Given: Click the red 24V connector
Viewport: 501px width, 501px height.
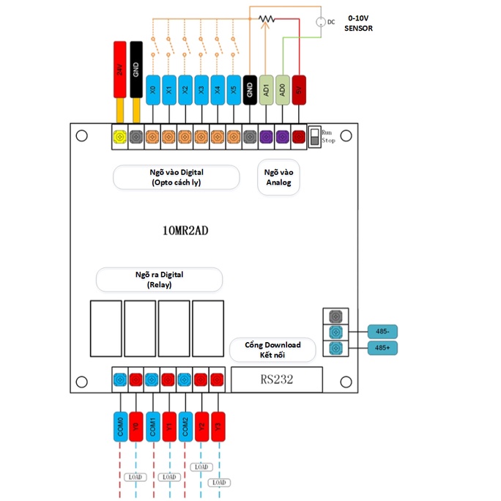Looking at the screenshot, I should [119, 70].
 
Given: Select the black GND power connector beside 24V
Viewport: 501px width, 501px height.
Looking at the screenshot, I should [136, 70].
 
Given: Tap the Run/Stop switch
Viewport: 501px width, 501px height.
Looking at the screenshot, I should [314, 136].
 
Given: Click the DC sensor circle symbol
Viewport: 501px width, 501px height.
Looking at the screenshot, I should [319, 22].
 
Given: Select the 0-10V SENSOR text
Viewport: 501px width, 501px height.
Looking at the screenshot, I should [359, 23].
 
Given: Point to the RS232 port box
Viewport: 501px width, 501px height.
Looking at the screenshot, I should [277, 379].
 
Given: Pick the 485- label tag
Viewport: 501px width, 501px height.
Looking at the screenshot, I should [381, 331].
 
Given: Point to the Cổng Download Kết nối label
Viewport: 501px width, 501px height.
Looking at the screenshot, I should [272, 349].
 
